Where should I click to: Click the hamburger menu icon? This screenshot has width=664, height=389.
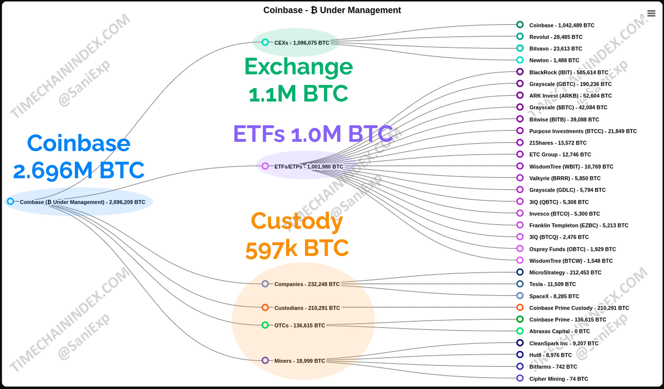651,13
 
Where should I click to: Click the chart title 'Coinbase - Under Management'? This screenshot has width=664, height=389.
332,10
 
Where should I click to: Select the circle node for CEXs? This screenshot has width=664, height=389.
265,42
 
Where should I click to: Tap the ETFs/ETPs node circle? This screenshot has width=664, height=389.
265,166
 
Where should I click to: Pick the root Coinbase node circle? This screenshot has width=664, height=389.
10,202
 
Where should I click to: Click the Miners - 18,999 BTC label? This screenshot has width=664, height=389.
300,361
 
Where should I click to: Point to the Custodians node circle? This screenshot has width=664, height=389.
265,307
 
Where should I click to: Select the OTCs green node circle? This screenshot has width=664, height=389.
265,325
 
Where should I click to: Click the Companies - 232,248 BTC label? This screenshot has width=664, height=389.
307,284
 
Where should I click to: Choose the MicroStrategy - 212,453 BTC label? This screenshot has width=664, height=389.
565,273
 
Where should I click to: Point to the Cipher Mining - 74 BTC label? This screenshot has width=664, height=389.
559,379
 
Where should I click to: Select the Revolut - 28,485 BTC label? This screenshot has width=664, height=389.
556,37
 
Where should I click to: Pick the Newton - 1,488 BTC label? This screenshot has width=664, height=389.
554,60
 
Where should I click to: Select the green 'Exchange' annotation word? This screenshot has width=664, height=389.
298,67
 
